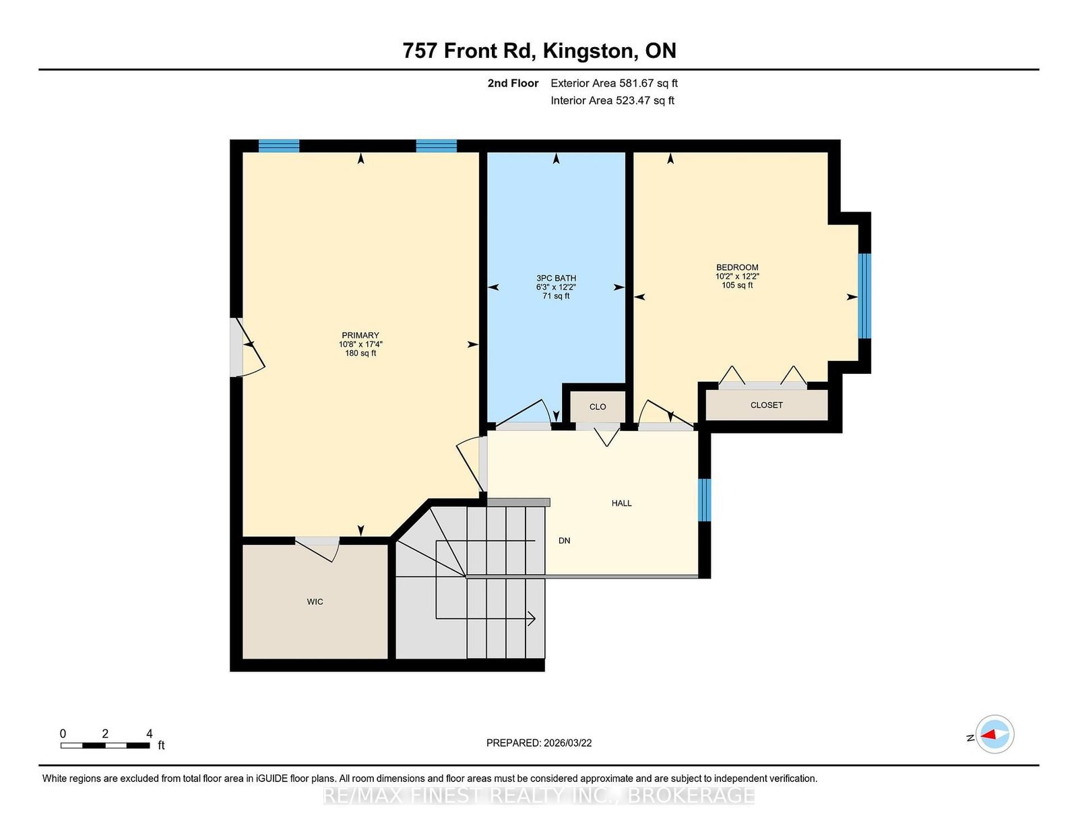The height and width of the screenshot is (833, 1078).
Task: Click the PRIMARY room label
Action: coord(360,335)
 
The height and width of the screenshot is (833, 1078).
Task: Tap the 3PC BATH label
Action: coord(556,278)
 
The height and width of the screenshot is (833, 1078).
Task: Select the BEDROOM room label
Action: coord(737,267)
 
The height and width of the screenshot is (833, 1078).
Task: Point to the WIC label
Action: coord(315,601)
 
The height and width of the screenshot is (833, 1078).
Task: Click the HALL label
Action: coord(622,503)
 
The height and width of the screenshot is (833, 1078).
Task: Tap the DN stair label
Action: coord(565,541)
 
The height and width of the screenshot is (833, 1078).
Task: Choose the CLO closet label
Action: coord(598,407)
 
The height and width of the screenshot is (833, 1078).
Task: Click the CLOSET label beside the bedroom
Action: coord(767,405)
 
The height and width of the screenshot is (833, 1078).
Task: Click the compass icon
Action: coord(994,734)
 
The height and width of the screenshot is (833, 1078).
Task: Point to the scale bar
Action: coord(105,745)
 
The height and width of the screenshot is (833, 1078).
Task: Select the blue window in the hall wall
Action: coord(705,500)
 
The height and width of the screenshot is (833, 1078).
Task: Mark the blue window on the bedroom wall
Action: coord(864,296)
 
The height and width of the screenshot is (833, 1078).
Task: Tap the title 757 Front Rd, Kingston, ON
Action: coord(539,51)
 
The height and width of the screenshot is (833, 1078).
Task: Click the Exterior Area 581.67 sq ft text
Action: coord(614,84)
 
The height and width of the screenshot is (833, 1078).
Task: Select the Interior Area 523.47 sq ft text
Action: coord(612,100)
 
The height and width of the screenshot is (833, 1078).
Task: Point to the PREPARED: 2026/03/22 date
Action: coord(539,743)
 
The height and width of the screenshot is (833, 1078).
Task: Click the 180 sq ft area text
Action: coord(360,353)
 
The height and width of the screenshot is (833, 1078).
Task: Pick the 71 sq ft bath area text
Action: coord(556,296)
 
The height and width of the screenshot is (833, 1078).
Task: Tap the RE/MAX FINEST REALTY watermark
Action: coord(539,795)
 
